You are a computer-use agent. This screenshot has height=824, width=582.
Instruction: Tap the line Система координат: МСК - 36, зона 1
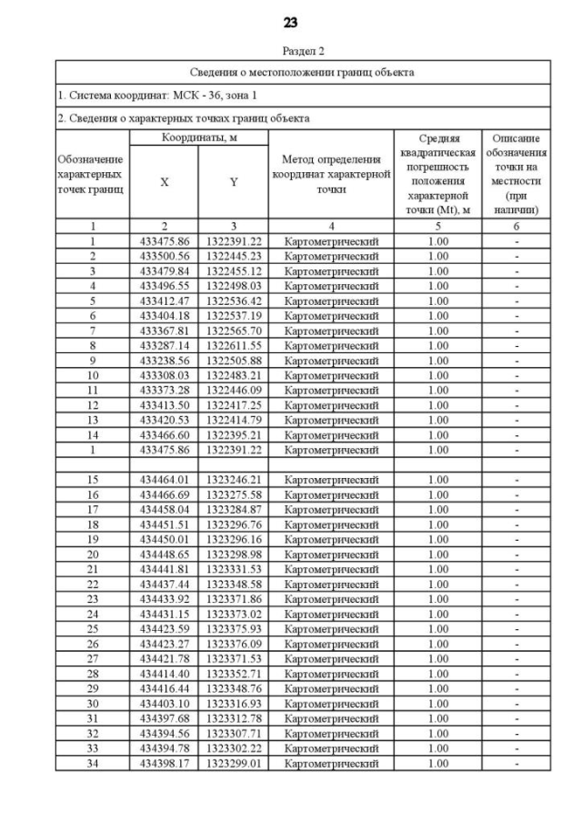coord(157,95)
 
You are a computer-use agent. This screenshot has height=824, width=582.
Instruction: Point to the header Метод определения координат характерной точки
coord(331,174)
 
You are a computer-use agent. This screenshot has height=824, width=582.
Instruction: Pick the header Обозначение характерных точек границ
coord(92,174)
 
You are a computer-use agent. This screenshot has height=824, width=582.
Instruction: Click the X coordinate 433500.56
coord(165,256)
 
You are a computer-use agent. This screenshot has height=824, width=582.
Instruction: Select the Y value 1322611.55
coord(234,346)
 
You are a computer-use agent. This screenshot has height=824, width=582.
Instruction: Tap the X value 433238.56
coord(165,361)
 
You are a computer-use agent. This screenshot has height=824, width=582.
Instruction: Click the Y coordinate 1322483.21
coord(234,375)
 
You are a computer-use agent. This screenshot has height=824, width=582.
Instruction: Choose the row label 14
coord(92,435)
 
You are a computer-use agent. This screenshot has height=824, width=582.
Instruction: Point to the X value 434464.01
coord(165,480)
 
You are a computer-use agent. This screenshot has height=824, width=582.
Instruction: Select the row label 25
coord(92,628)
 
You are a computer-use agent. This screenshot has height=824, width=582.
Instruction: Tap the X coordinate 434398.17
coord(165,763)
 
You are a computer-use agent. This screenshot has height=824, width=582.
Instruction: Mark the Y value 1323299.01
coord(234,763)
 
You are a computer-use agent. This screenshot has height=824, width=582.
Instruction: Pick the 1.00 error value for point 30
coord(438,703)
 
